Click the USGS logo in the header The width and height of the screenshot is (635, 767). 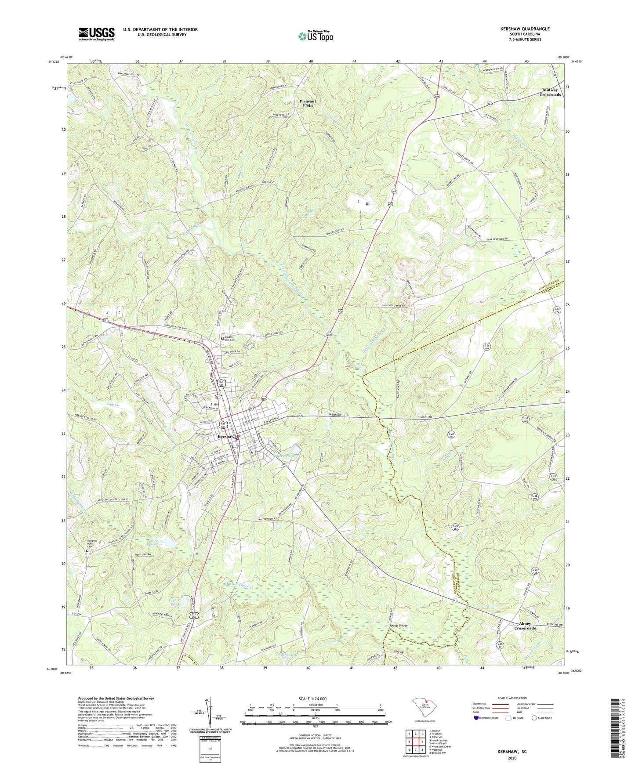click(97, 34)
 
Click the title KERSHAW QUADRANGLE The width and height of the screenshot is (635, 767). click(524, 29)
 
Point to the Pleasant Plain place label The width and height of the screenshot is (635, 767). click(308, 103)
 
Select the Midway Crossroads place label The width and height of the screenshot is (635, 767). click(550, 92)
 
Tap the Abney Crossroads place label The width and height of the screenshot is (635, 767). click(525, 626)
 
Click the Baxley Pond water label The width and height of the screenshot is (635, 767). click(282, 456)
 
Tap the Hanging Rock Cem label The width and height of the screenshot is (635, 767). click(92, 543)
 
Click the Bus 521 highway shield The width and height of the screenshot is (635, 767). click(222, 383)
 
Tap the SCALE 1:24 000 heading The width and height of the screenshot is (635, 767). click(312, 699)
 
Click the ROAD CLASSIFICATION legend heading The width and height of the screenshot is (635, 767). click(512, 698)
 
